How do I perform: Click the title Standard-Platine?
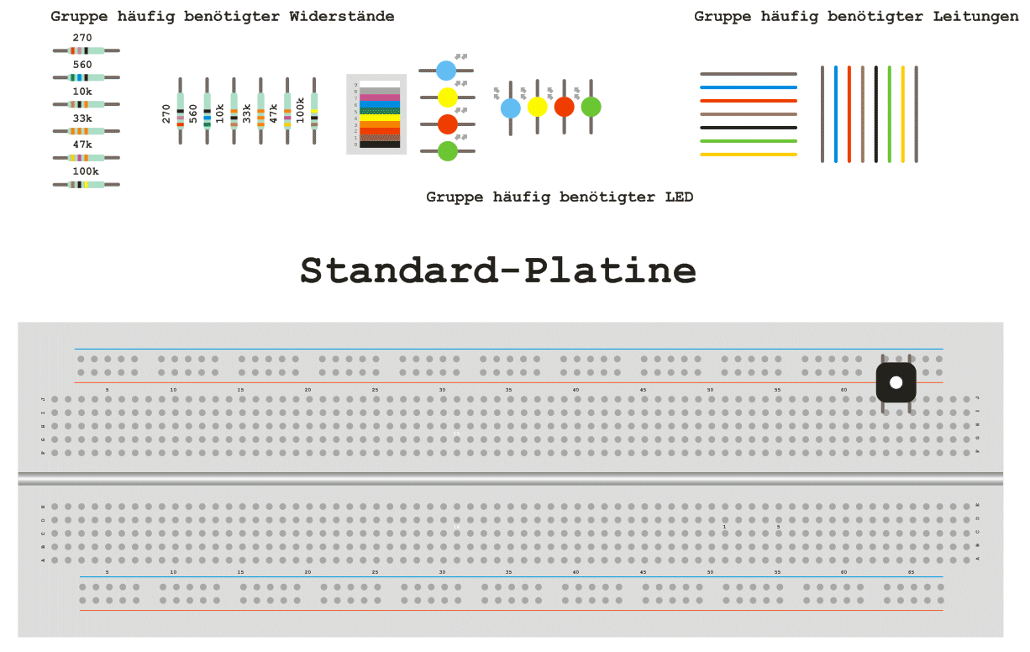tap(498, 271)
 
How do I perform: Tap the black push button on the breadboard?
tap(896, 382)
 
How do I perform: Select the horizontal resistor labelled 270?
tap(87, 50)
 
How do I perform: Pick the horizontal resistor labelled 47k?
tap(87, 158)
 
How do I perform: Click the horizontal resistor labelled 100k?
tap(87, 185)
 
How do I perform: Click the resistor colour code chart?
tap(376, 114)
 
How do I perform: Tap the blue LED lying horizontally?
tap(446, 71)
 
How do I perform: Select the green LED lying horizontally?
tap(447, 151)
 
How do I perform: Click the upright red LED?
tap(564, 108)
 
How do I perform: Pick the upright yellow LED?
tap(537, 108)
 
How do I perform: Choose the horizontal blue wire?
tap(748, 87)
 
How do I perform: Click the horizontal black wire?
tap(748, 128)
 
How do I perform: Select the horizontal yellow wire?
tap(748, 155)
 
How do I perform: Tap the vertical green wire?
tap(889, 113)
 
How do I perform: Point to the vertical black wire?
tap(875, 113)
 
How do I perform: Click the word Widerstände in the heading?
tap(344, 17)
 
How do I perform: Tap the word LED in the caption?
tap(678, 197)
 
